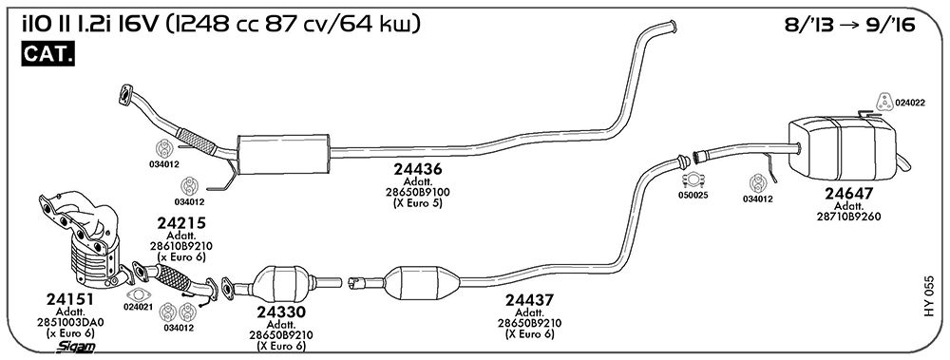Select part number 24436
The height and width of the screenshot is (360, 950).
click(417, 168)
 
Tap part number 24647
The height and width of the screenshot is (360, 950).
click(848, 194)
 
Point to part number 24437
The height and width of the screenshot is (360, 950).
click(529, 299)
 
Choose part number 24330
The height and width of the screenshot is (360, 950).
click(280, 313)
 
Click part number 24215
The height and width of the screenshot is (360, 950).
click(181, 223)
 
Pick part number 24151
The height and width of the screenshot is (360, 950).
click(70, 299)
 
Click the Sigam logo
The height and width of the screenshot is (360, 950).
click(76, 347)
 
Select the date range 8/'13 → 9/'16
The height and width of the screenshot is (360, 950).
click(849, 25)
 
